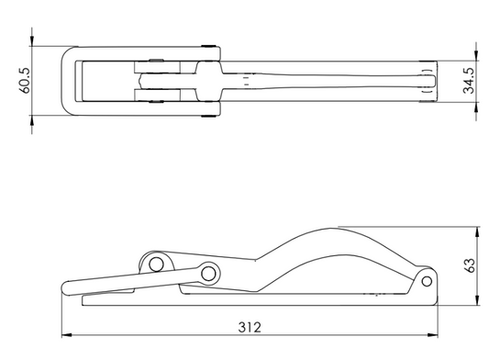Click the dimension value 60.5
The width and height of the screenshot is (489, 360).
coord(25,80)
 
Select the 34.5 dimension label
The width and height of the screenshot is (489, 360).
coord(468,81)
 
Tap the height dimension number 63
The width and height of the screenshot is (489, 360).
coord(470,265)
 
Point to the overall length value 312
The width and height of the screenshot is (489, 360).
coord(250,327)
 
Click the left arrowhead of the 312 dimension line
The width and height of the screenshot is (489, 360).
coord(66,335)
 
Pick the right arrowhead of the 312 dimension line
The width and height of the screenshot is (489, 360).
coord(432,335)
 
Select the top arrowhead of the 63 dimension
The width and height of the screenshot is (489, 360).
coord(477,232)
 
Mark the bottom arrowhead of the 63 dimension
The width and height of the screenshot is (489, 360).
coord(477,299)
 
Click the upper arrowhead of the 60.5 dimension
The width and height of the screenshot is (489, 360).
coord(32,41)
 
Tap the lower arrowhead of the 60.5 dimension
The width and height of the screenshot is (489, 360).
coord(32,120)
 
